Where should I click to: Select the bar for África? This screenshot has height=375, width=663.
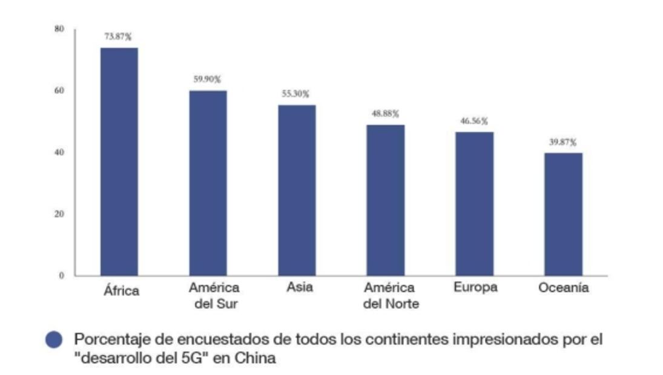(x=119, y=161)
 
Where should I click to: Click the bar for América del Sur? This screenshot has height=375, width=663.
(x=208, y=183)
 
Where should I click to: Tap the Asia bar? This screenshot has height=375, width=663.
(x=297, y=190)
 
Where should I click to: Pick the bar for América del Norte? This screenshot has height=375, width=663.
(x=385, y=200)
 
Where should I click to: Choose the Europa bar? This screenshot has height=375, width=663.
(x=475, y=203)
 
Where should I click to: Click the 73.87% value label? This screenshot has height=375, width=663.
(x=118, y=37)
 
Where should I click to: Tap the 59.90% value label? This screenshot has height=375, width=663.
(x=207, y=79)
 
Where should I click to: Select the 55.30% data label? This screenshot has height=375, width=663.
(x=295, y=94)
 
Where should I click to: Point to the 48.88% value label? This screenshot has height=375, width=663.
(x=386, y=114)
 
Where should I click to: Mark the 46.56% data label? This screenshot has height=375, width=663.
(x=474, y=121)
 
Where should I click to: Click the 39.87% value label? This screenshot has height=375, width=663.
(x=563, y=142)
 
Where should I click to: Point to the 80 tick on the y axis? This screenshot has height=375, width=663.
(x=59, y=28)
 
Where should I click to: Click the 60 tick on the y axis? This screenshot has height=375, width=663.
(x=59, y=91)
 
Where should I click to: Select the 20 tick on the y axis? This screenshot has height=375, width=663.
(x=59, y=214)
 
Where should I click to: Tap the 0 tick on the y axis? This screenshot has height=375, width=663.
(x=61, y=275)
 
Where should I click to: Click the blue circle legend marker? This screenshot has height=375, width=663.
(x=54, y=340)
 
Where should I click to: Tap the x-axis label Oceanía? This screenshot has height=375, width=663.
(x=563, y=289)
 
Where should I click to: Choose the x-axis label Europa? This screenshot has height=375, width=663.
(x=475, y=287)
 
